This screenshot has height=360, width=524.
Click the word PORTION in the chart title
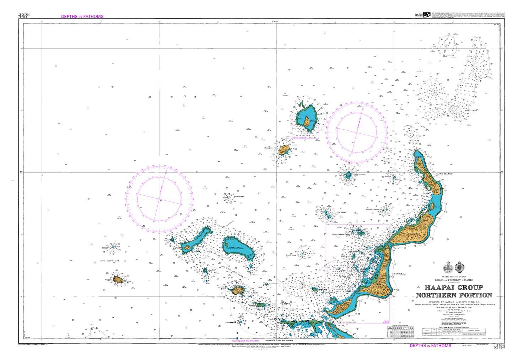[x=473, y=295]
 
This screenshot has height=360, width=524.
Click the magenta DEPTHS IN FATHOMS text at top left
[x=82, y=16]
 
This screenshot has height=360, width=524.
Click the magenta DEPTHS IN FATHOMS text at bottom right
[x=430, y=345]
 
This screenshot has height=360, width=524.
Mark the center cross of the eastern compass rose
[x=356, y=131]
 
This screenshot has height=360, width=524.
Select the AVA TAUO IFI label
[x=113, y=262]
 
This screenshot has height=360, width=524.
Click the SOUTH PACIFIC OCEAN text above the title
[x=454, y=276]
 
